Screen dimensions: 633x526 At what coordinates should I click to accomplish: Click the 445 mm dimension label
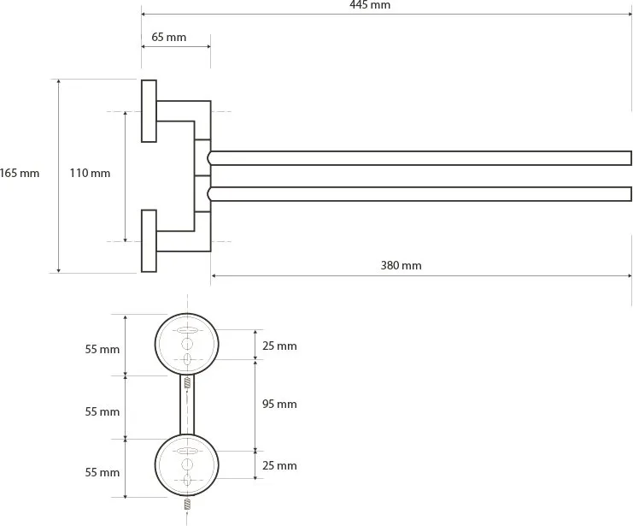coord(370,5)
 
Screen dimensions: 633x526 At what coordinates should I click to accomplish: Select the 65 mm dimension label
coord(169,37)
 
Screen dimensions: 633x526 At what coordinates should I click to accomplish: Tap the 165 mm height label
coord(20,173)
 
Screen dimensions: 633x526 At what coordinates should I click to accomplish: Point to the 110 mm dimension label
coord(90,173)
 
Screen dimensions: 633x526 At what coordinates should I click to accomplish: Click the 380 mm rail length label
coord(401,266)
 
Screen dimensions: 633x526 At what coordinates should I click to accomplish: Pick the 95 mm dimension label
coord(279,404)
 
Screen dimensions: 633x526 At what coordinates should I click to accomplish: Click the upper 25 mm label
coord(279,346)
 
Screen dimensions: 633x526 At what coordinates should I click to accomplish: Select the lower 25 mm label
coord(279,465)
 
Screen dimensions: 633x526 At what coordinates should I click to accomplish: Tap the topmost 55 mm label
coord(103,349)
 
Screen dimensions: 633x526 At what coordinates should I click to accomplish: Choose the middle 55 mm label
coord(103,411)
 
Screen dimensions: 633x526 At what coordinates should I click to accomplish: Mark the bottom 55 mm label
coord(103,472)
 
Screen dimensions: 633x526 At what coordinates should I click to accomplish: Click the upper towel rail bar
coord(419,158)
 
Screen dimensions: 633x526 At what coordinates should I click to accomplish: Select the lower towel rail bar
coord(419,194)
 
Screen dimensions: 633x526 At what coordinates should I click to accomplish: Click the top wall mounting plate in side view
coord(149,111)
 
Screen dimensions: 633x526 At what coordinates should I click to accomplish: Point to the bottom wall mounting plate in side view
coord(149,241)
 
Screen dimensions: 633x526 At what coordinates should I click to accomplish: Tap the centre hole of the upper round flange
coord(187,344)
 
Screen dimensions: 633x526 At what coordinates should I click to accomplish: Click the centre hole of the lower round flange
coord(187,465)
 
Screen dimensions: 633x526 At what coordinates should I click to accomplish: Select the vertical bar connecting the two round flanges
coord(187,405)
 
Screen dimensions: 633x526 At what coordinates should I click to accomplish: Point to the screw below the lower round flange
coord(187,504)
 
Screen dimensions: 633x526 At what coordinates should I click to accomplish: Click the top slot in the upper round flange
coord(187,330)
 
